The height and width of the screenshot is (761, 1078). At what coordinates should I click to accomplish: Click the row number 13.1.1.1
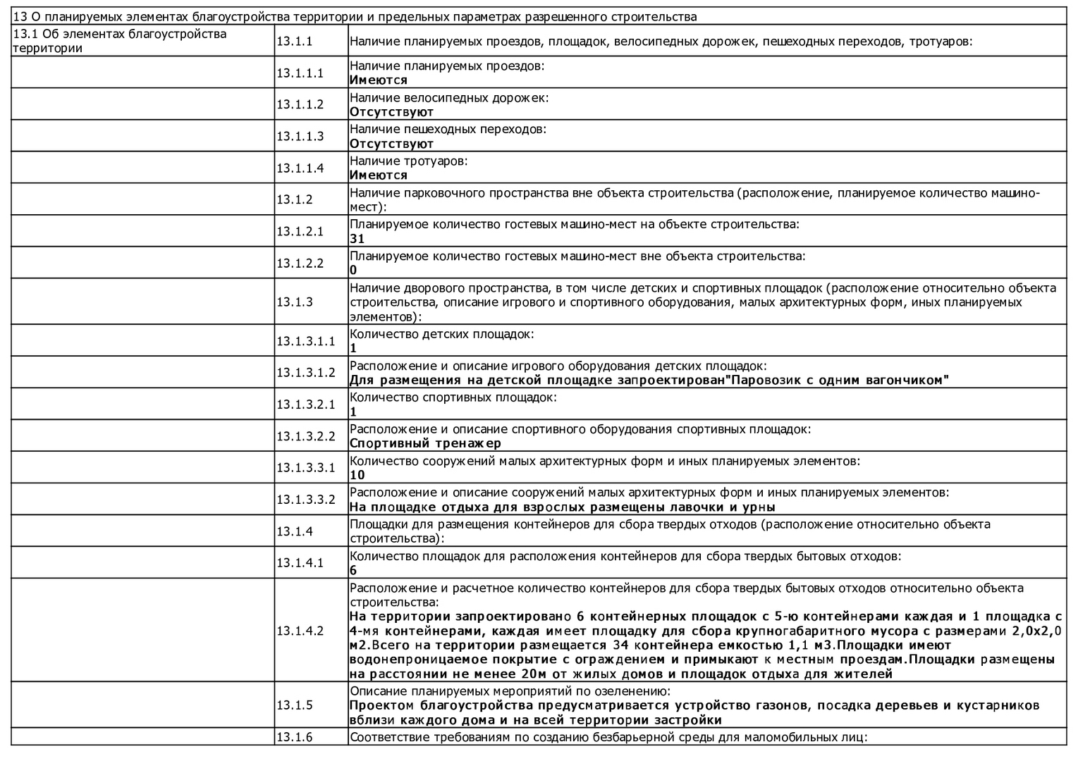click(300, 73)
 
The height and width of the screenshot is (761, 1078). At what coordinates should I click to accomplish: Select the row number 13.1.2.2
click(300, 263)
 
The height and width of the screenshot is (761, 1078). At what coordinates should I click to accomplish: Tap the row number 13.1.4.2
click(300, 631)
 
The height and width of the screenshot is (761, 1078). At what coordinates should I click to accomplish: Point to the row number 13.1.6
click(294, 737)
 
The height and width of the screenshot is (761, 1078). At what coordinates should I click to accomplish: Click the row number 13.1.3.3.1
click(305, 467)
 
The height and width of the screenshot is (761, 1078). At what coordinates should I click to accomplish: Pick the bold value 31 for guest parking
click(357, 239)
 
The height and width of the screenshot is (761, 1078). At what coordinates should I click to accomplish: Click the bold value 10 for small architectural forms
click(357, 475)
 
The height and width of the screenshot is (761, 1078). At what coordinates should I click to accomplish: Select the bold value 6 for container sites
click(353, 570)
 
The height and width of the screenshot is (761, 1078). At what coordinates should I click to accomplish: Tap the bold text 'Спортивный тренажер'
click(425, 443)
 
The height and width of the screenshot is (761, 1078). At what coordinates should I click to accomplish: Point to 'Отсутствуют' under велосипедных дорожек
click(391, 112)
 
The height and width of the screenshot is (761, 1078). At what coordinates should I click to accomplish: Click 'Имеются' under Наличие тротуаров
click(378, 175)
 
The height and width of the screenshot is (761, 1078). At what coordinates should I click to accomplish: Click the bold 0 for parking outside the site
click(353, 271)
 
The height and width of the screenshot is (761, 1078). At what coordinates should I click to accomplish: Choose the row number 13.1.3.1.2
click(305, 372)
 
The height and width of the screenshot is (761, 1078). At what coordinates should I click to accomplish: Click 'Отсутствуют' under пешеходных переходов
click(391, 144)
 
